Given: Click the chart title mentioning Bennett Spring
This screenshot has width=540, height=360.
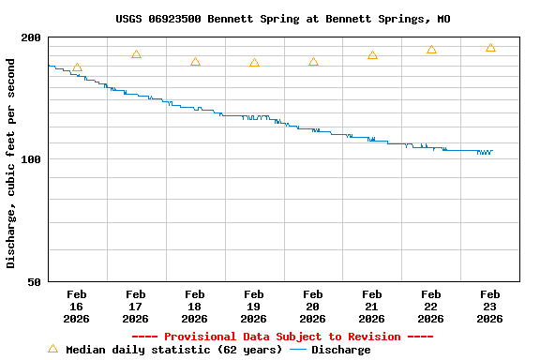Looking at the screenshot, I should (282, 19).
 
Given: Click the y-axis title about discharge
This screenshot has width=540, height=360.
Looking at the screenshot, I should (11, 163).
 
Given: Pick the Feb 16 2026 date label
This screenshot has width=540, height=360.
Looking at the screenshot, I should (77, 307).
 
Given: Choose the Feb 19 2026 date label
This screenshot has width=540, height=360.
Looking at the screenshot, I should (253, 307).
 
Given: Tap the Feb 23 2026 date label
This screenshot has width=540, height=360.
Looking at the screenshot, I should (489, 307).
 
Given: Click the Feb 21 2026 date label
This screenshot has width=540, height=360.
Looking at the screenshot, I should (371, 307).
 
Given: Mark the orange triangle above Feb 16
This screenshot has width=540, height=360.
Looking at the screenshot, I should (77, 67).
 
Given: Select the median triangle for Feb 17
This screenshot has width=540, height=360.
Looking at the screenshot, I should (136, 54).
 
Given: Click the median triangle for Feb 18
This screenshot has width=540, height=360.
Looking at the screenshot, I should (195, 62).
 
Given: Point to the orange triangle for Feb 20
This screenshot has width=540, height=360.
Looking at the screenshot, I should (313, 62).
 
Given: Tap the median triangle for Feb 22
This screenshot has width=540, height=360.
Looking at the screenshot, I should (431, 50).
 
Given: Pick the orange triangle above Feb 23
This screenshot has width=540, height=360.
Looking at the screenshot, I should (490, 48).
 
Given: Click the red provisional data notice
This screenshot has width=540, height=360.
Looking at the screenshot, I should (282, 337).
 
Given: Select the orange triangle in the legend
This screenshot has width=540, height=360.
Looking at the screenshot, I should (52, 349).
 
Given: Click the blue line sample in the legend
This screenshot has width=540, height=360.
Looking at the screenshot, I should (298, 350).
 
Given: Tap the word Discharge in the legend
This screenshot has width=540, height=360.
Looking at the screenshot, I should (340, 350).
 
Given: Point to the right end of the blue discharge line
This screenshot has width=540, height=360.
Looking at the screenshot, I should (491, 151).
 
